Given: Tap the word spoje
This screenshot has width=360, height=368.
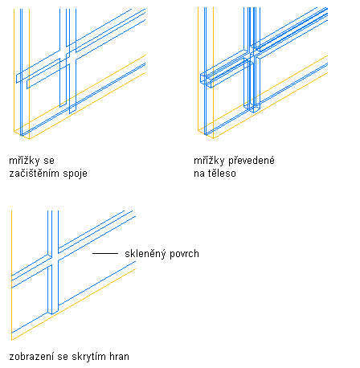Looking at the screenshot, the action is (x=76, y=174).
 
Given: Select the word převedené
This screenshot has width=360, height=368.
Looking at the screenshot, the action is (x=252, y=161).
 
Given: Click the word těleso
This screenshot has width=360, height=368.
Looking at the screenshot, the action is (x=222, y=173).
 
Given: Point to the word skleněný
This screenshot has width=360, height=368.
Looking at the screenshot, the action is (x=145, y=254).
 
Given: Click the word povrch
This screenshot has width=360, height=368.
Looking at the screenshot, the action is (x=184, y=254).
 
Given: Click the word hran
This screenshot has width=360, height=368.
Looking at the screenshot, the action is (x=119, y=357).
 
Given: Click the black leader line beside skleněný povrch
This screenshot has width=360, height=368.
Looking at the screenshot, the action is (x=105, y=253).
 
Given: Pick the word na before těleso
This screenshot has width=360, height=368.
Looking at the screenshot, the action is (x=199, y=174).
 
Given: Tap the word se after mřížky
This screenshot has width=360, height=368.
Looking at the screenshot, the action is (x=49, y=161).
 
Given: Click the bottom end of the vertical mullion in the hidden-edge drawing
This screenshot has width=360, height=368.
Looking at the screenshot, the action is (x=53, y=313).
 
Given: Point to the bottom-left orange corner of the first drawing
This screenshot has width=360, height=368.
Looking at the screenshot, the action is (x=14, y=131).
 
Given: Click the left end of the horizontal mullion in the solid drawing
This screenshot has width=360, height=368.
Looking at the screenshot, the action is (x=201, y=78).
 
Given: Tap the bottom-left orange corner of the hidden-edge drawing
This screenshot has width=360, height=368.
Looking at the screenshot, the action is (x=12, y=340).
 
